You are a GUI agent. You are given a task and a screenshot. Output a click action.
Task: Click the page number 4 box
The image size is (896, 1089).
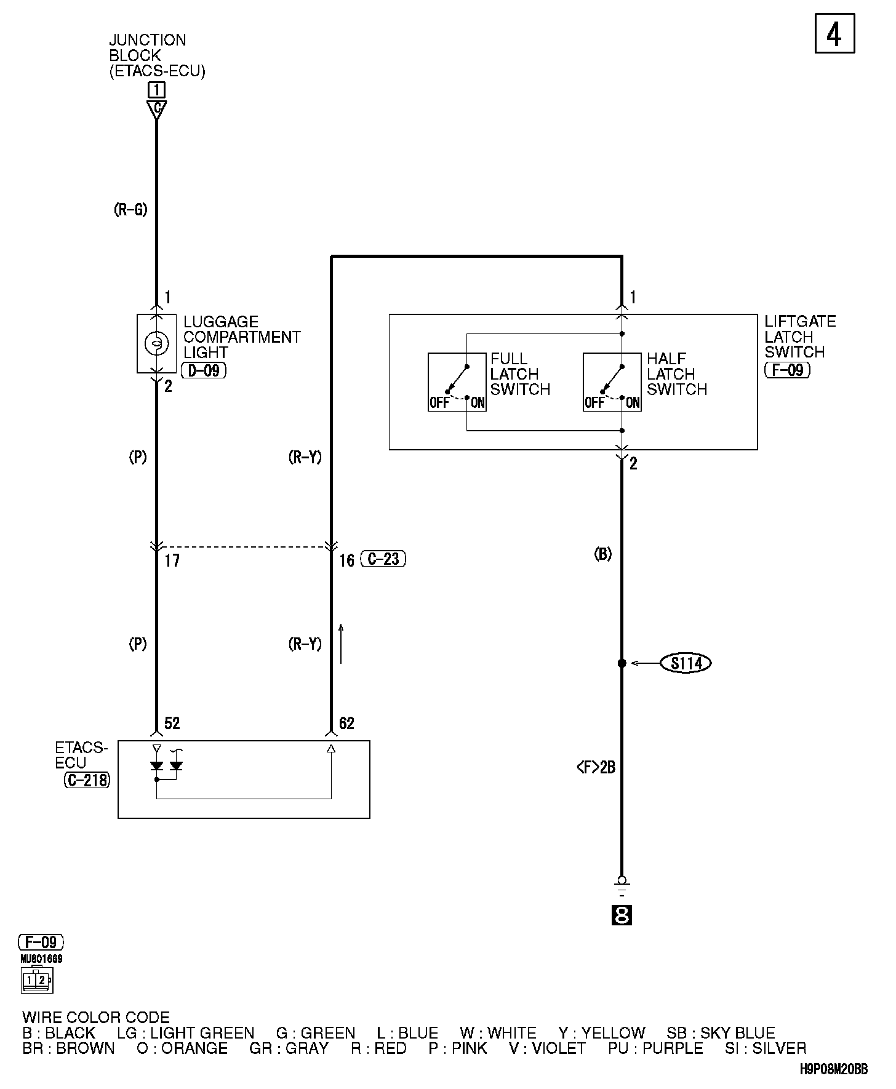click(834, 34)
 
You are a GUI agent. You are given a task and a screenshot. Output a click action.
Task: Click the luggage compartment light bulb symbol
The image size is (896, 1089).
click(156, 343)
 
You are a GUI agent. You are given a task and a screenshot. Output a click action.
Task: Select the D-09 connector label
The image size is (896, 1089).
click(204, 370)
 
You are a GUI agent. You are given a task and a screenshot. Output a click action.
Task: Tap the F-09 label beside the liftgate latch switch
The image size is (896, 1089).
click(787, 370)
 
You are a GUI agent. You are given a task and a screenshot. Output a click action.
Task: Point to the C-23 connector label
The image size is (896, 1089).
click(383, 559)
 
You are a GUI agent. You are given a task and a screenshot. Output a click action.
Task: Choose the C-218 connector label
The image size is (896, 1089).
click(87, 780)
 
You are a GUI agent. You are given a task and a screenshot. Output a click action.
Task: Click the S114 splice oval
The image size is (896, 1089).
click(686, 663)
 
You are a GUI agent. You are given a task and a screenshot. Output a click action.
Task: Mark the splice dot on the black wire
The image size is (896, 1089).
click(622, 663)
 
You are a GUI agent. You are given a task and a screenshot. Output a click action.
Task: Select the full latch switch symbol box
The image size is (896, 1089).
click(457, 382)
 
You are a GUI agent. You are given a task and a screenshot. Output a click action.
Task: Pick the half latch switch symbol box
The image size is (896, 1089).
click(612, 382)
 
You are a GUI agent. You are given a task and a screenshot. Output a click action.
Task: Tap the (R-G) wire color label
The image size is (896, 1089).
click(130, 210)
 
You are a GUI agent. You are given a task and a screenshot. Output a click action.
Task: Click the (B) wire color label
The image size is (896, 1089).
click(602, 554)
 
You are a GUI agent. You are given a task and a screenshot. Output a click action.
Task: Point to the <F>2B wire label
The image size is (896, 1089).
click(596, 767)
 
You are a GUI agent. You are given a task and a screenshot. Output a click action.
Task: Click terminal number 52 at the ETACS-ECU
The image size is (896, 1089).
click(172, 723)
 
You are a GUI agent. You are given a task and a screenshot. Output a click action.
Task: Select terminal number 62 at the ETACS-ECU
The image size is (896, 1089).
click(346, 723)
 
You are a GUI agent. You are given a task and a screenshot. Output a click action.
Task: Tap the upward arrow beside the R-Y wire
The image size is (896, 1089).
click(341, 644)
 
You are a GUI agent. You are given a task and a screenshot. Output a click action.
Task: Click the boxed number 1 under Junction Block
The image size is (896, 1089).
click(156, 90)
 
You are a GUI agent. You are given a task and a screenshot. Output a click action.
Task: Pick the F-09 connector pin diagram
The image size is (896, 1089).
click(37, 979)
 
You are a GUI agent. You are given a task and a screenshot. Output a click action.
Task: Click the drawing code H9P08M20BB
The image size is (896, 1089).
click(834, 1069)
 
